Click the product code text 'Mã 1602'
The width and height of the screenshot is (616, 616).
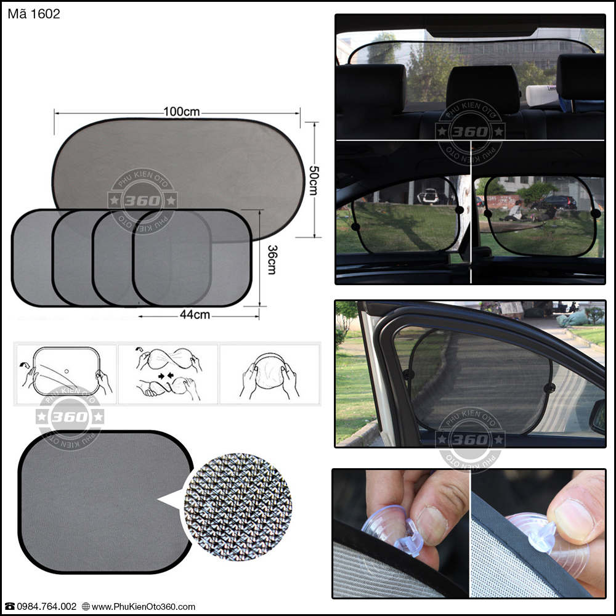[x=34, y=14]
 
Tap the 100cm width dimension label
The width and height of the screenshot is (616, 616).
[x=182, y=111]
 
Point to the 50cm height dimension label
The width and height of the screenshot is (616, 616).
[x=314, y=180]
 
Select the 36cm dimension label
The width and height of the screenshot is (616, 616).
[x=272, y=259]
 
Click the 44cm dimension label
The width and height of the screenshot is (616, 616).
[x=195, y=315]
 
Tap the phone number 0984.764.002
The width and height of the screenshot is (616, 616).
[x=46, y=607]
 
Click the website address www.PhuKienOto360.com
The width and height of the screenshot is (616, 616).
[x=144, y=607]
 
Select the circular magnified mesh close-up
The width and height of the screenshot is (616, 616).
[x=238, y=507]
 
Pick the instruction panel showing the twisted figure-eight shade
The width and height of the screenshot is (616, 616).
[x=168, y=375]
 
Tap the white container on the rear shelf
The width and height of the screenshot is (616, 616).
[x=541, y=95]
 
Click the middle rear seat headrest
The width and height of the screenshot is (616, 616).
[x=483, y=89]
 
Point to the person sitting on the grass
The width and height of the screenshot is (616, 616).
[x=514, y=211]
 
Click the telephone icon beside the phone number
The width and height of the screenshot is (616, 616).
[x=9, y=607]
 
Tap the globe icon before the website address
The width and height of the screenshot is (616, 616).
[x=86, y=607]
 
